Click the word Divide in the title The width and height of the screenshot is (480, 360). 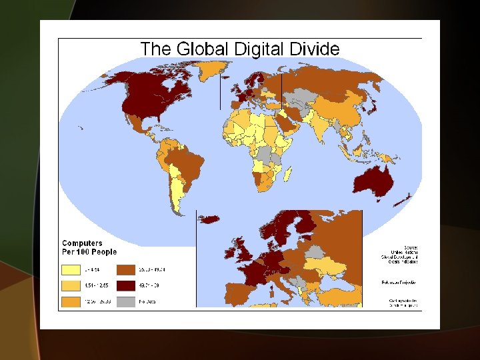click(x=313, y=49)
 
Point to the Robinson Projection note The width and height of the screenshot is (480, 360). click(x=394, y=282)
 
